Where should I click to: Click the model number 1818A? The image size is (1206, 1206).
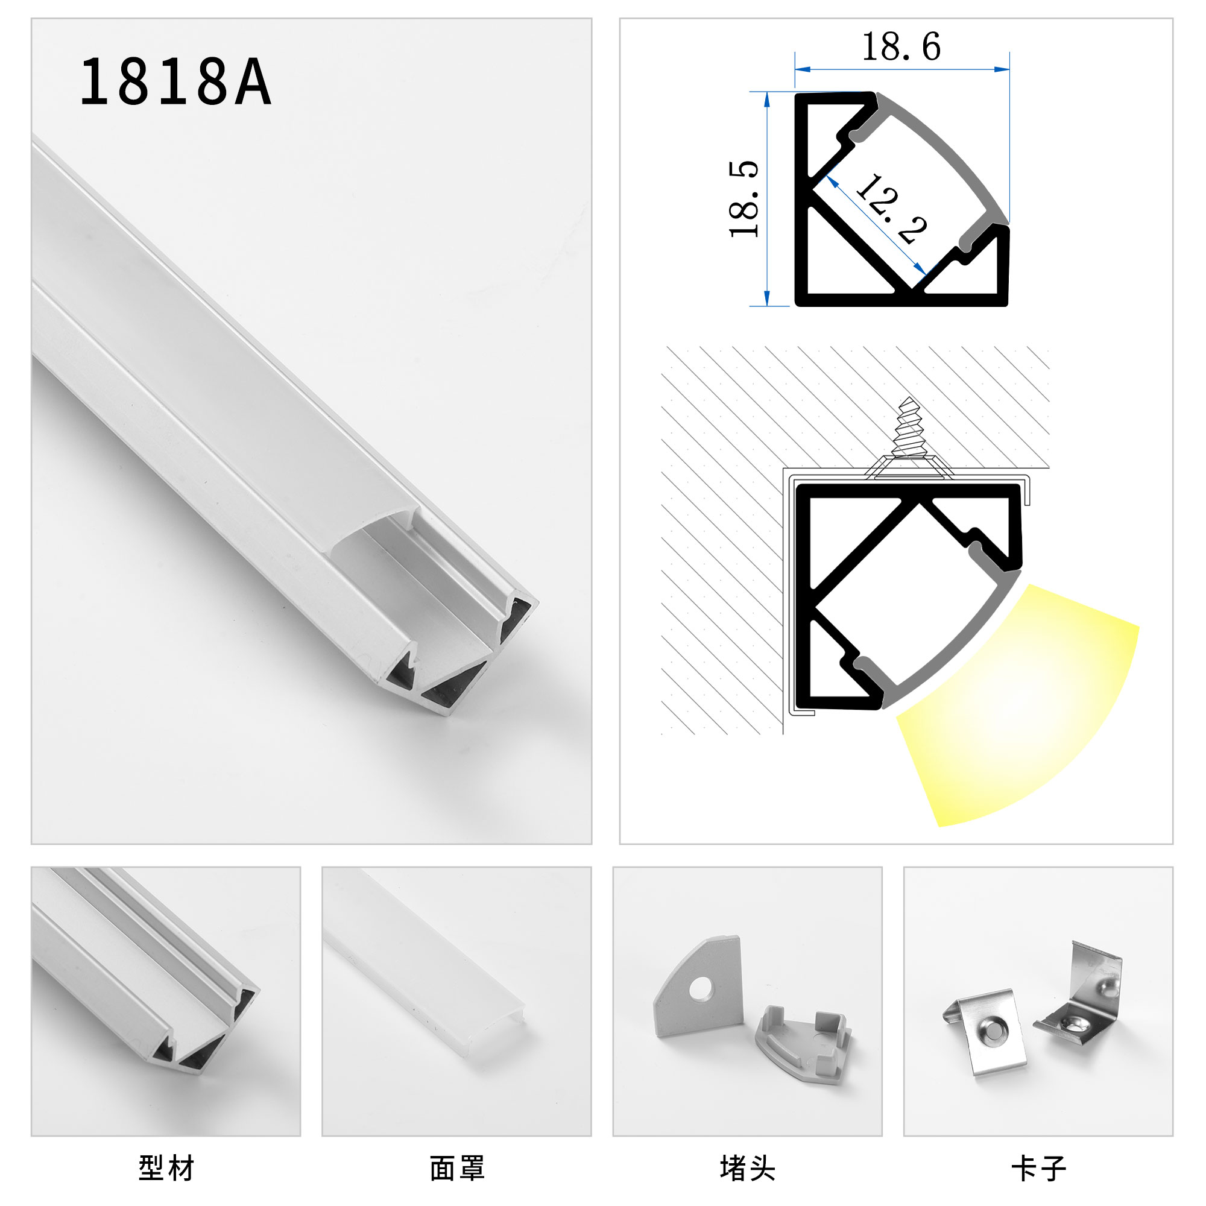(x=175, y=82)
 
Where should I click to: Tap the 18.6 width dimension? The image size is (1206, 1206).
(x=901, y=47)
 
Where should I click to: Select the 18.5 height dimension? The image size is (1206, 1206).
(x=744, y=199)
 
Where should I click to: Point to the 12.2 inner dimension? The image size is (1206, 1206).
(x=891, y=209)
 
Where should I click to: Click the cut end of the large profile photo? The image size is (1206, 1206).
(x=462, y=655)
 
